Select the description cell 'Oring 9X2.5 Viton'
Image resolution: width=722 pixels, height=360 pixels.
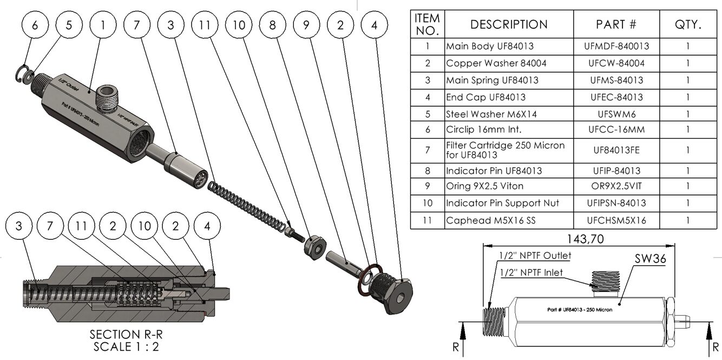pyautogui.click(x=484, y=186)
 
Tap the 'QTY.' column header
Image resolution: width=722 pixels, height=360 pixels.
pyautogui.click(x=688, y=25)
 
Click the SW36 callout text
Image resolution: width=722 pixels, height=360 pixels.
pyautogui.click(x=650, y=259)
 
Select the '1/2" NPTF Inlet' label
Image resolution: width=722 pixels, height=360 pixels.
pyautogui.click(x=531, y=272)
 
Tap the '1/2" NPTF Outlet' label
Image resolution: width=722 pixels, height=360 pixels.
pyautogui.click(x=535, y=256)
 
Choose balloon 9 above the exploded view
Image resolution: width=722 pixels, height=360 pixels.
pyautogui.click(x=306, y=25)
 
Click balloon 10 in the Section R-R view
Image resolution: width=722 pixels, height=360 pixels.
pyautogui.click(x=144, y=226)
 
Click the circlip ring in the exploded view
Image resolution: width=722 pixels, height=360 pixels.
pyautogui.click(x=21, y=74)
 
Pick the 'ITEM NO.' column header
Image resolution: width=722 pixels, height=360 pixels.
pyautogui.click(x=427, y=25)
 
